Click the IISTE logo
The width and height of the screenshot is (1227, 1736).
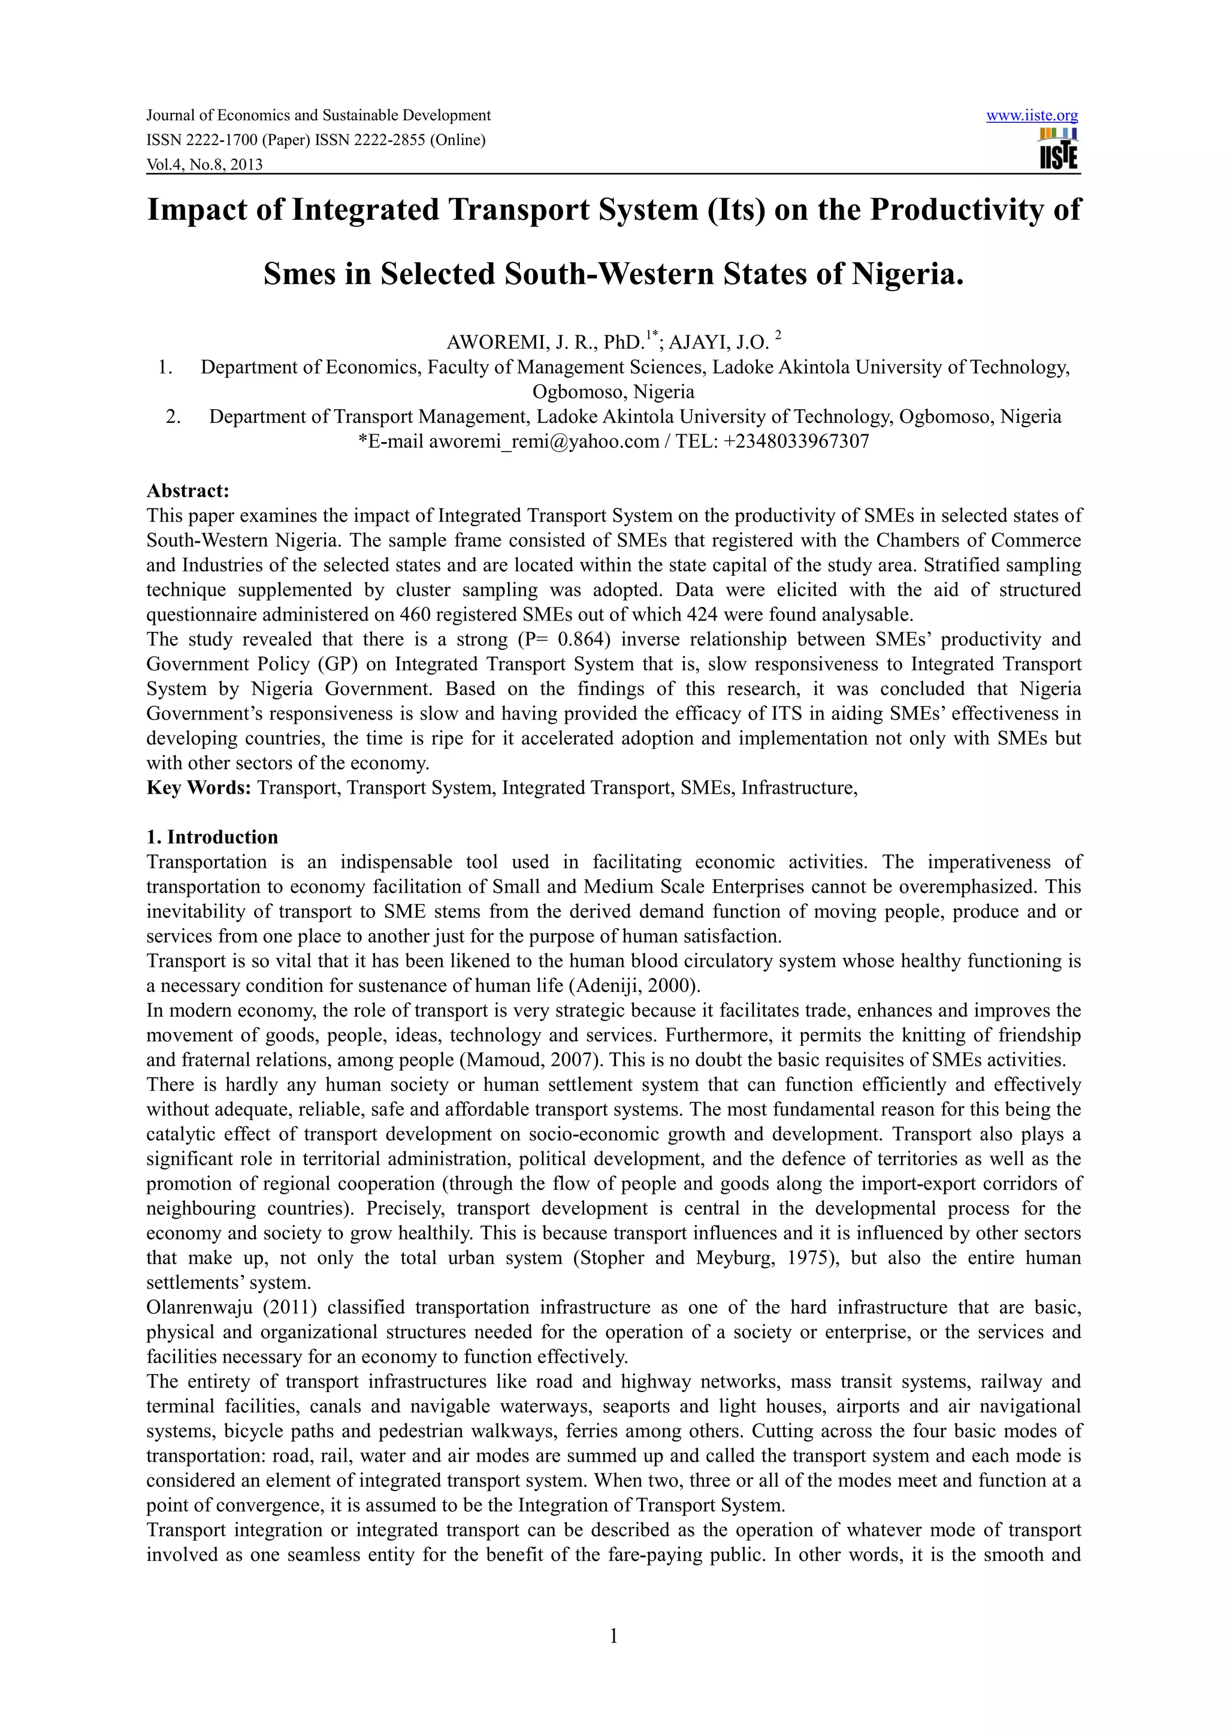point(1059,149)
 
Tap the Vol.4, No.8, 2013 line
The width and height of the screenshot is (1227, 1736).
point(204,164)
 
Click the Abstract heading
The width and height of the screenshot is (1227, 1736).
point(188,491)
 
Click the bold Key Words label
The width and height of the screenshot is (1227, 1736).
point(198,788)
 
